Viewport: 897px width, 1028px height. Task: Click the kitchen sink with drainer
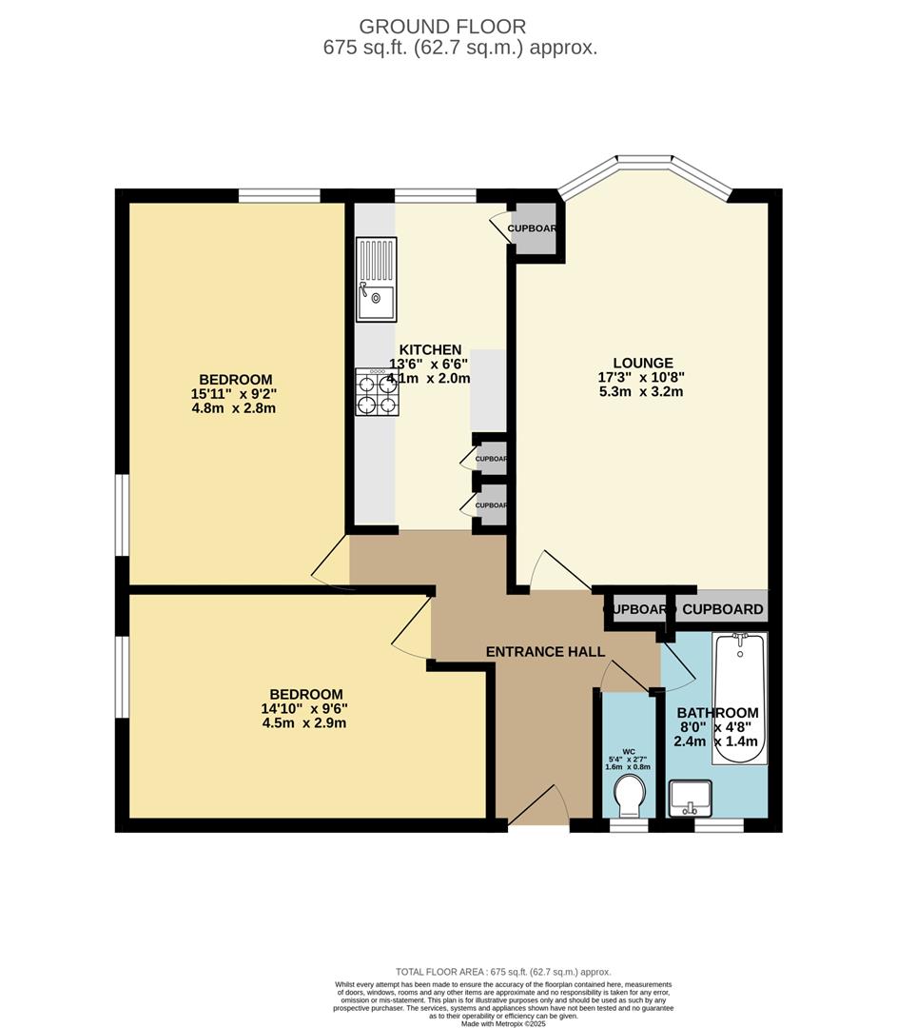tap(377, 280)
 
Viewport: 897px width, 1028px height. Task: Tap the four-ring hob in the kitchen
tap(376, 392)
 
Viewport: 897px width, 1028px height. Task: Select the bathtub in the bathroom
tap(739, 699)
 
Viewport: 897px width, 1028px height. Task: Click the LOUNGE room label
tap(643, 363)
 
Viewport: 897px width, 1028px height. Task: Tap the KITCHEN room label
tap(430, 349)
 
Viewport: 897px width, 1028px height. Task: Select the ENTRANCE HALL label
tap(545, 652)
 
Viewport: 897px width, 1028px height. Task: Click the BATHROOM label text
tap(717, 713)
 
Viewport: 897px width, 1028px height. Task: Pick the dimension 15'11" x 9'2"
tap(233, 393)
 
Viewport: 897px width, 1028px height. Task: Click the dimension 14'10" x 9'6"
tap(305, 708)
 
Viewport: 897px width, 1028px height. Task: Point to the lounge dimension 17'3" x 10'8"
tap(643, 377)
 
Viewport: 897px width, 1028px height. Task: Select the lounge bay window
tap(645, 176)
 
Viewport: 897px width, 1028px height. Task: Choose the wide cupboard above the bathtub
tap(722, 609)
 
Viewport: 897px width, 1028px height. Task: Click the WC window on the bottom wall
tap(628, 825)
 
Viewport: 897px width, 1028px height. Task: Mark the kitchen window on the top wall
tap(435, 196)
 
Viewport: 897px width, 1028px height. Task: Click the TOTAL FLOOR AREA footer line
tap(503, 971)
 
